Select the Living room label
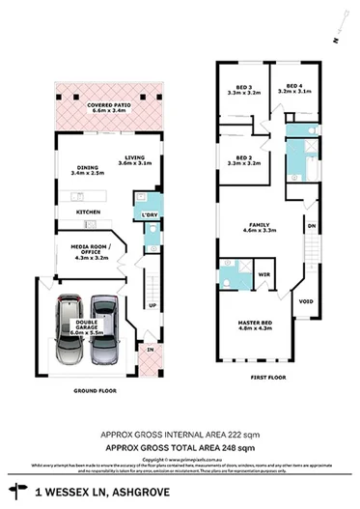point(135,161)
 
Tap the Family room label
point(259,228)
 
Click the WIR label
point(263,275)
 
